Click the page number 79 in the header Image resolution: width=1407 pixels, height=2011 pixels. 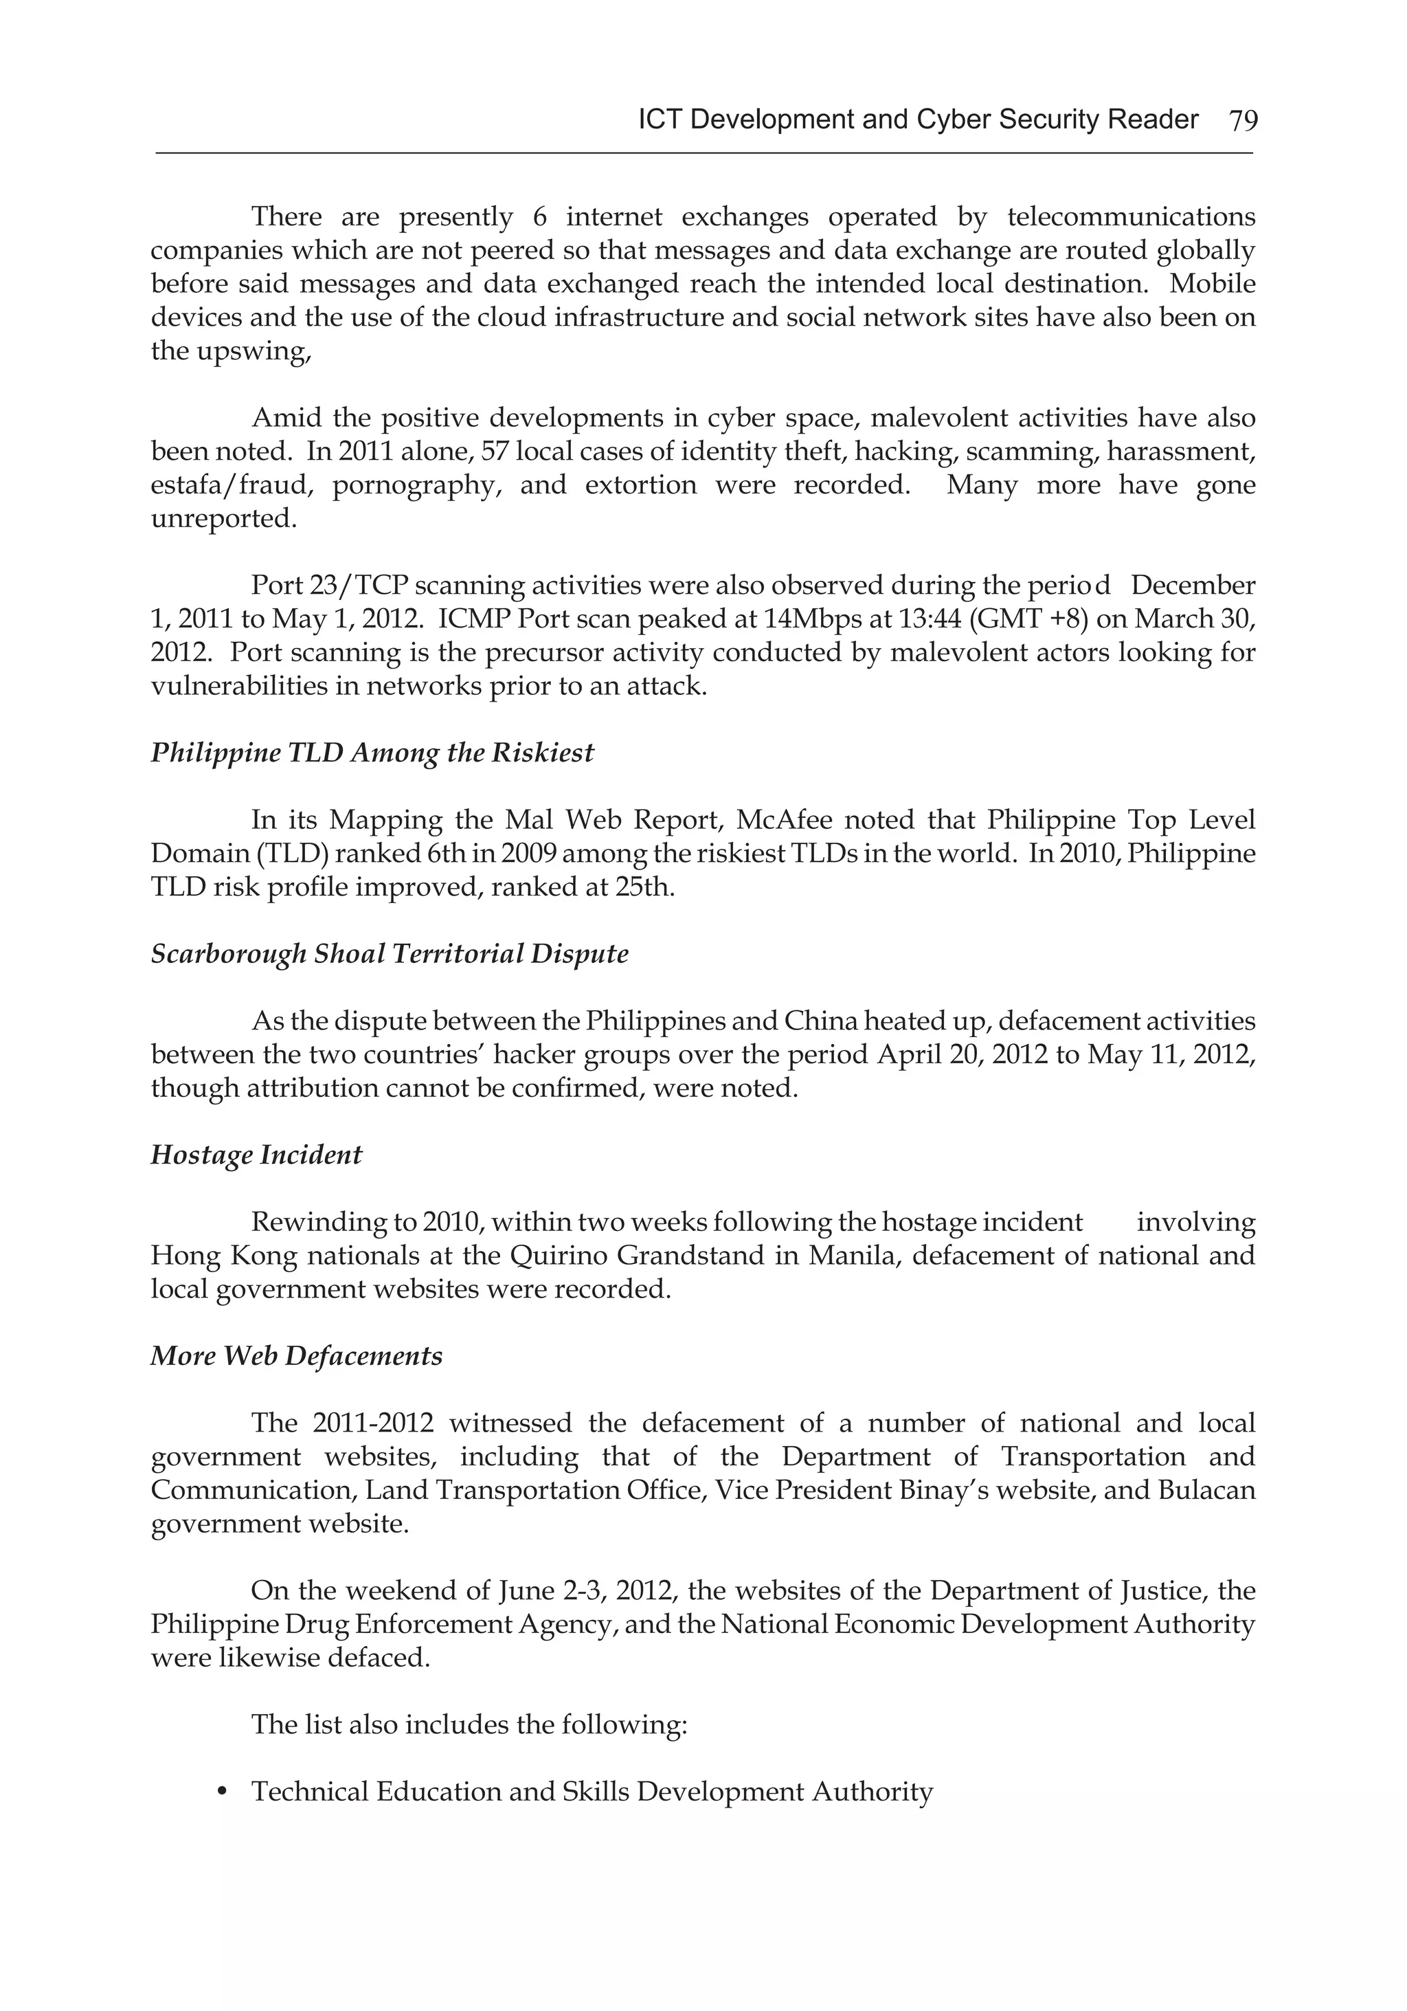click(x=1242, y=120)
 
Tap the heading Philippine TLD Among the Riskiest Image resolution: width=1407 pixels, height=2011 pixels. click(x=372, y=753)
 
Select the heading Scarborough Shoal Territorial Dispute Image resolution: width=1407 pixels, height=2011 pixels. click(x=390, y=953)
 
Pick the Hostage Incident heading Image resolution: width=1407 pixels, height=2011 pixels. click(x=256, y=1155)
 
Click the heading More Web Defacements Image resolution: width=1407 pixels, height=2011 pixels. click(x=296, y=1356)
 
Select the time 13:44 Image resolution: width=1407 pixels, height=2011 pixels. click(x=887, y=619)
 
